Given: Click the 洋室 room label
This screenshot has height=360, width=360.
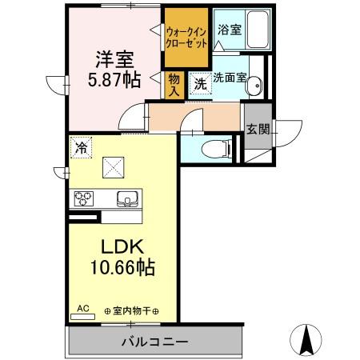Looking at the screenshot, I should [114, 58].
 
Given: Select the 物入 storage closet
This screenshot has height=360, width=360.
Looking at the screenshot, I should [174, 84].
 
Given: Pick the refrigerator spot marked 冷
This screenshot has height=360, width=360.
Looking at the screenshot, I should [80, 147].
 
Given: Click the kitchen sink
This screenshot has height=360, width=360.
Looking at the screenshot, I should [127, 198].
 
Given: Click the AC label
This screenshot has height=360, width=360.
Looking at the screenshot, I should [82, 307].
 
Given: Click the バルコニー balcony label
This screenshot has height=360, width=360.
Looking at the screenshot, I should [154, 342].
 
